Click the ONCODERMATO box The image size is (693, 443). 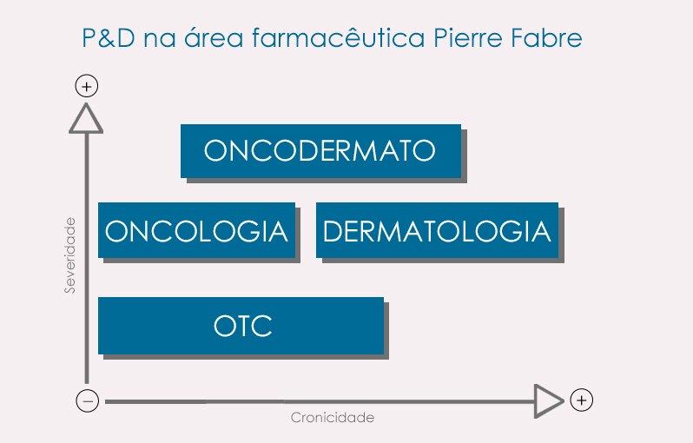click(320, 151)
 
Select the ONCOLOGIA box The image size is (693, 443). click(196, 231)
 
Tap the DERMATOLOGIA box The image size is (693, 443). click(436, 231)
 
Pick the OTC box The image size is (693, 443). click(241, 326)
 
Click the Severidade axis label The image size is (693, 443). click(70, 255)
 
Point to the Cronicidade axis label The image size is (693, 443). click(332, 418)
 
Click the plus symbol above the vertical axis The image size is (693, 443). click(87, 86)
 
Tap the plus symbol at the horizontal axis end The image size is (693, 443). click(582, 400)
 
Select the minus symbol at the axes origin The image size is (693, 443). click(87, 400)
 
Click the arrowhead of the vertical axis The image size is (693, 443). click(87, 119)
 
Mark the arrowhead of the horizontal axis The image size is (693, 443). click(548, 400)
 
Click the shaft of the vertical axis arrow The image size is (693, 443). click(87, 261)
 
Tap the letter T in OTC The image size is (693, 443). click(243, 327)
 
